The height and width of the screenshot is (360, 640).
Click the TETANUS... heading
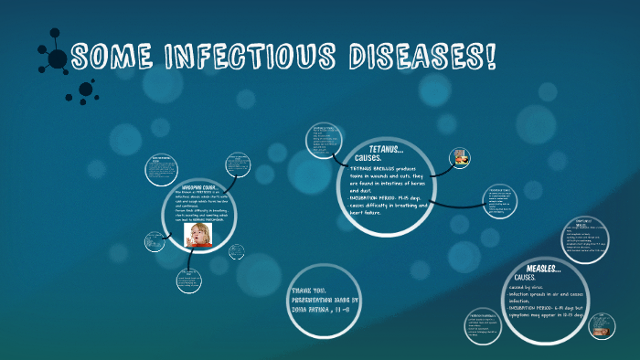(x=385, y=148)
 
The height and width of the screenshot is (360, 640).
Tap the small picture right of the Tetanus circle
(x=460, y=156)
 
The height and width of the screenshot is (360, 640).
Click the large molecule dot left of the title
(x=57, y=59)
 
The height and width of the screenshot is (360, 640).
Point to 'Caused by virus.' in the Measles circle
(x=532, y=288)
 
